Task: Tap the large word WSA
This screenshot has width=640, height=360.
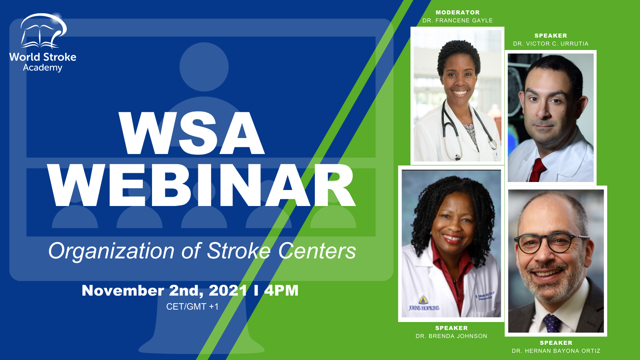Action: coord(192,133)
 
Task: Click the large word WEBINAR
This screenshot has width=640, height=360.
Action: coord(202,185)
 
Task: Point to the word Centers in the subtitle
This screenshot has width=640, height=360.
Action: coord(317,251)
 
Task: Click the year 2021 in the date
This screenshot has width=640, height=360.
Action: coord(228,290)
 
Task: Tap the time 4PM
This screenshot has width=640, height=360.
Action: coord(281,290)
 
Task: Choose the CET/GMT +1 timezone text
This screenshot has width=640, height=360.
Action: coord(192,306)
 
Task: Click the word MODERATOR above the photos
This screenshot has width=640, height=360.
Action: coord(458,12)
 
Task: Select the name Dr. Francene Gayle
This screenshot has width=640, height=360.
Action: coord(458,20)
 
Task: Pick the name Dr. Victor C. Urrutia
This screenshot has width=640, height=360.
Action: coord(550,44)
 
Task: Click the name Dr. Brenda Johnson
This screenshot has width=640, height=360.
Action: coord(452,336)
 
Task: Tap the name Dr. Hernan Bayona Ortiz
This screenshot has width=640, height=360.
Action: coord(556,351)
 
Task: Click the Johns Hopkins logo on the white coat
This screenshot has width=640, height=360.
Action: coord(424,304)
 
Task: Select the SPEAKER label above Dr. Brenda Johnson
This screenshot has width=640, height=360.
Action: coord(452,328)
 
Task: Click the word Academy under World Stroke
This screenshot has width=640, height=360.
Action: coord(42,68)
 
